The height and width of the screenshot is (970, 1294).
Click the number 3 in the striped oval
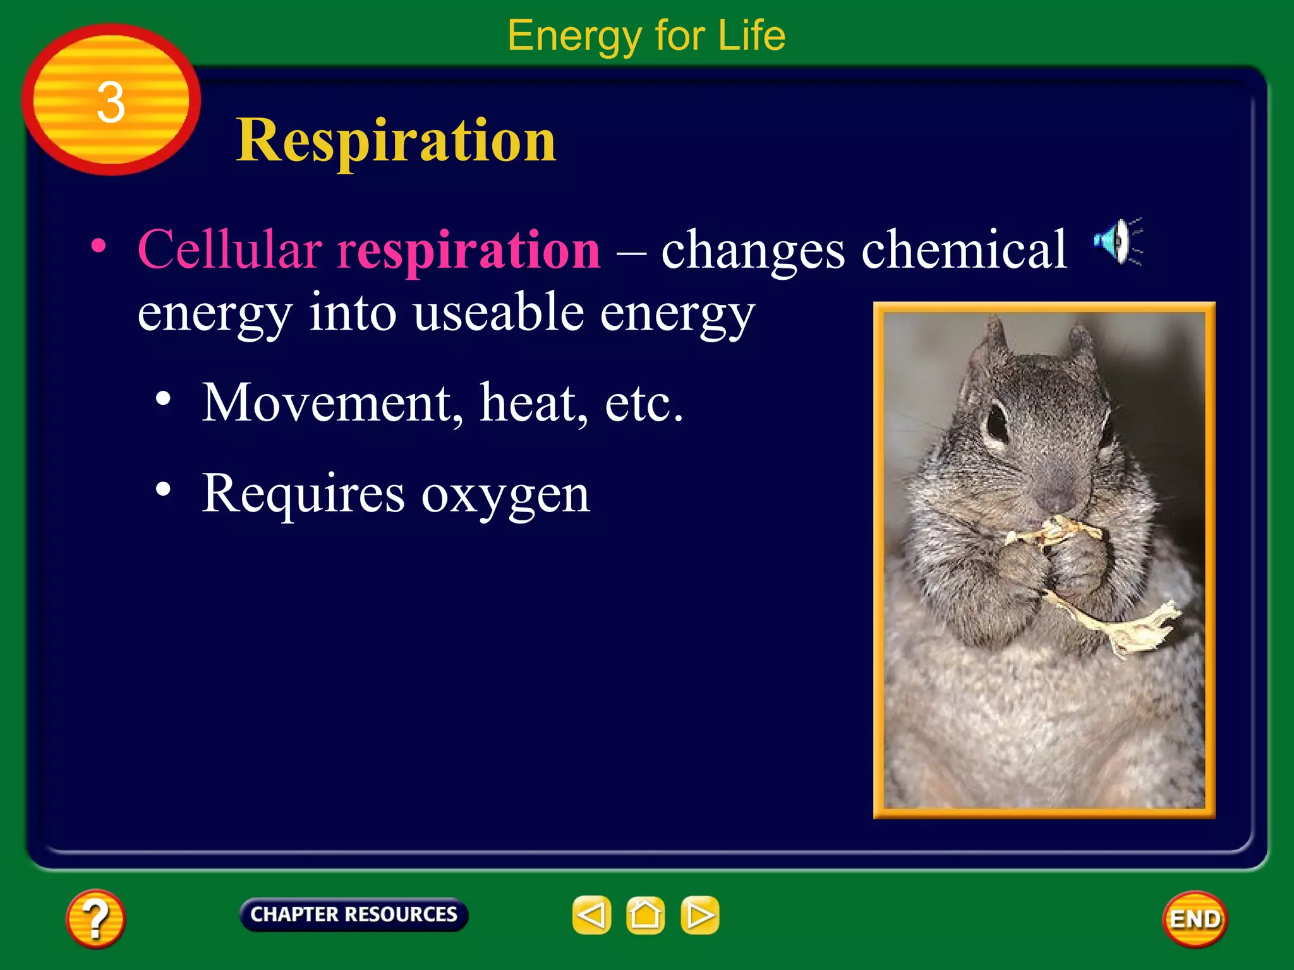click(x=111, y=102)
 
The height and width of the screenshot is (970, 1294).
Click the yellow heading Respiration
click(x=396, y=140)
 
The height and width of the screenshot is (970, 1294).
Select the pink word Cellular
click(x=229, y=249)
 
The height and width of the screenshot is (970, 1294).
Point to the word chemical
click(x=964, y=249)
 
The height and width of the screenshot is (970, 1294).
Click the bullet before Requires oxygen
click(x=163, y=489)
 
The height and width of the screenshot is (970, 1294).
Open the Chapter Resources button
click(x=354, y=914)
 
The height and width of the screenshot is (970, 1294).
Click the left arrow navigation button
click(x=591, y=914)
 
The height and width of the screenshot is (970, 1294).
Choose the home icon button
click(x=645, y=914)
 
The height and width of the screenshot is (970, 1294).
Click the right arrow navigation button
click(x=699, y=914)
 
